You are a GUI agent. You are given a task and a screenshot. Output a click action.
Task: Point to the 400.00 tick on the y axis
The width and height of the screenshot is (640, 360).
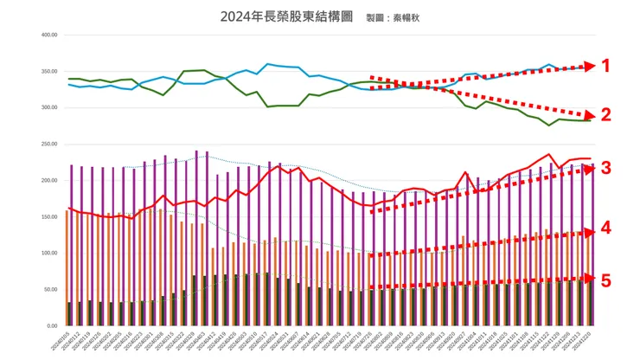[48, 35]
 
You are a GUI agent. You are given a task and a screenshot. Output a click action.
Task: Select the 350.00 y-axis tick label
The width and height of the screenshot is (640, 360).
[48, 72]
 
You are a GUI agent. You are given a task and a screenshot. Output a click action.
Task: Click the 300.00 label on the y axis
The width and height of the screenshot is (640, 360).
[48, 108]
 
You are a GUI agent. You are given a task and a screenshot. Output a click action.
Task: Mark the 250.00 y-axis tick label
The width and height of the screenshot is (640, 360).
[48, 145]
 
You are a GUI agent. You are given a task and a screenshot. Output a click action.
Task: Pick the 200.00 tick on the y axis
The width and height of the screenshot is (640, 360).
[48, 181]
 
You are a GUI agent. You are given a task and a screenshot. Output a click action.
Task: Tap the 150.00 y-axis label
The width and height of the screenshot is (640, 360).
[48, 217]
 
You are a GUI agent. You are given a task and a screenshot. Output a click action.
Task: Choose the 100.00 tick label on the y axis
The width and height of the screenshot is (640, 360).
[48, 254]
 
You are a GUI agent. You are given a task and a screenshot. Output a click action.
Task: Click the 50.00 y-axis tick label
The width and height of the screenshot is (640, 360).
[50, 290]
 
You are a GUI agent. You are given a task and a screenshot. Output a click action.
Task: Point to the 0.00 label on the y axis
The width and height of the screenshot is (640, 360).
[52, 326]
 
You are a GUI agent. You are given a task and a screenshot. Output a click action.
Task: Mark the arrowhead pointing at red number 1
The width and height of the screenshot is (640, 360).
[591, 66]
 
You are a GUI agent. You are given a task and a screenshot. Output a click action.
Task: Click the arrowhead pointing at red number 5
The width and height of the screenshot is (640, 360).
[591, 279]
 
